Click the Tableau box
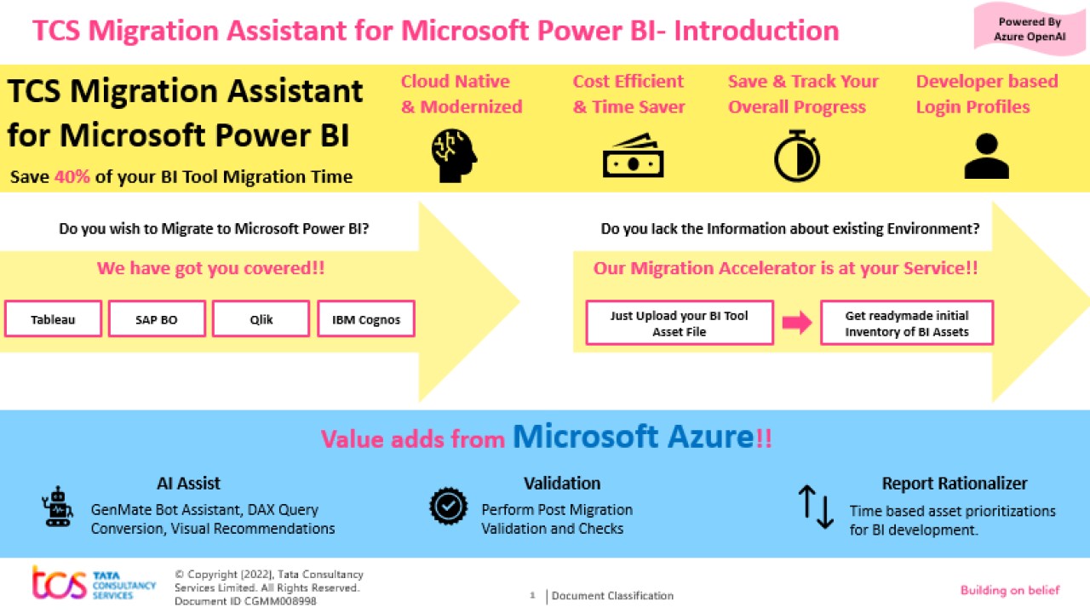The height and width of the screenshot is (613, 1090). point(53,319)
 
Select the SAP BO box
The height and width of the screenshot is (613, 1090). point(157,319)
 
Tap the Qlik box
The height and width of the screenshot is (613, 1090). point(261,319)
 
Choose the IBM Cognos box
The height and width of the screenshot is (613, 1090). point(366,319)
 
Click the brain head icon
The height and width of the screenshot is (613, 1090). point(454,156)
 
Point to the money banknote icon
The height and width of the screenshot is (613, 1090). point(633,156)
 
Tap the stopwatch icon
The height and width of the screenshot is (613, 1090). point(797,156)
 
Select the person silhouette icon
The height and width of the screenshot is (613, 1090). point(986,157)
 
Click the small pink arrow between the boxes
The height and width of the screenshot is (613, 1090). point(796,323)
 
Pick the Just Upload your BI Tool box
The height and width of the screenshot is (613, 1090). point(680,323)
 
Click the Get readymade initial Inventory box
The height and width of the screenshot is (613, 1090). point(907,323)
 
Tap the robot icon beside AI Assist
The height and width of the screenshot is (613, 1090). point(57,507)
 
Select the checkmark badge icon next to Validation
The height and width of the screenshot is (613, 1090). point(448,507)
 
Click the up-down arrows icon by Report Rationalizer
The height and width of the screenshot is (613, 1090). point(816,507)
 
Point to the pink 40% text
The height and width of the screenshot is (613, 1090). point(72,176)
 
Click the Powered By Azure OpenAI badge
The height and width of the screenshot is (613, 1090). point(1030,29)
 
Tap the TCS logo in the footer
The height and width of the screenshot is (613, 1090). point(94,584)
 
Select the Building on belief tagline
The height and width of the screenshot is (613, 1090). point(1010,590)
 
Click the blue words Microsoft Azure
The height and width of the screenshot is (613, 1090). point(633,436)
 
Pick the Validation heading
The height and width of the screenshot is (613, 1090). point(562,483)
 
